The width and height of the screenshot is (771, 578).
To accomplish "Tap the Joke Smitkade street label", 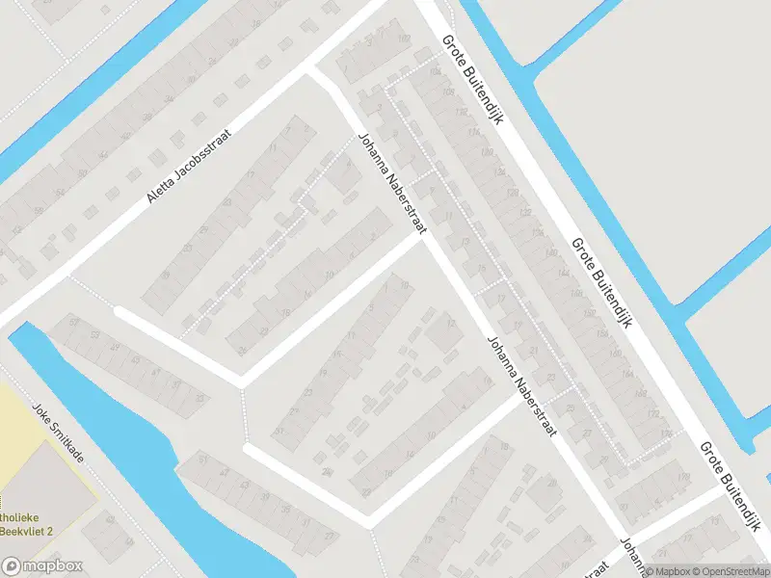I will (58, 433).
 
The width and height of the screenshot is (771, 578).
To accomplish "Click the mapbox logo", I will (42, 566).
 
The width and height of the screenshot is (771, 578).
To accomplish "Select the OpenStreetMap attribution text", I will (728, 570).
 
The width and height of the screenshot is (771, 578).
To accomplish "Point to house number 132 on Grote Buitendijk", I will (525, 212).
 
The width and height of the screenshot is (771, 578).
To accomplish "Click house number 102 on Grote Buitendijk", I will (403, 39).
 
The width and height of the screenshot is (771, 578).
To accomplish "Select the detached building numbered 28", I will (329, 472).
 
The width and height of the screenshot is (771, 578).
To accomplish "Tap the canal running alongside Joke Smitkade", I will (145, 453).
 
